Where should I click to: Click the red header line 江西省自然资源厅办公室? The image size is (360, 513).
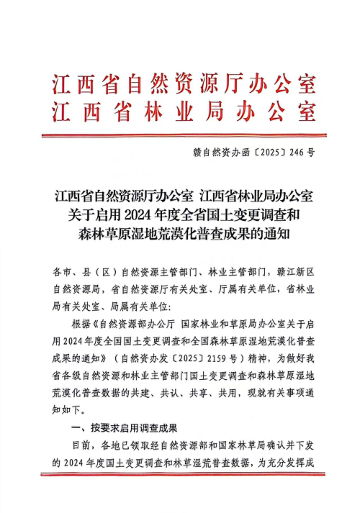pyautogui.click(x=184, y=85)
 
